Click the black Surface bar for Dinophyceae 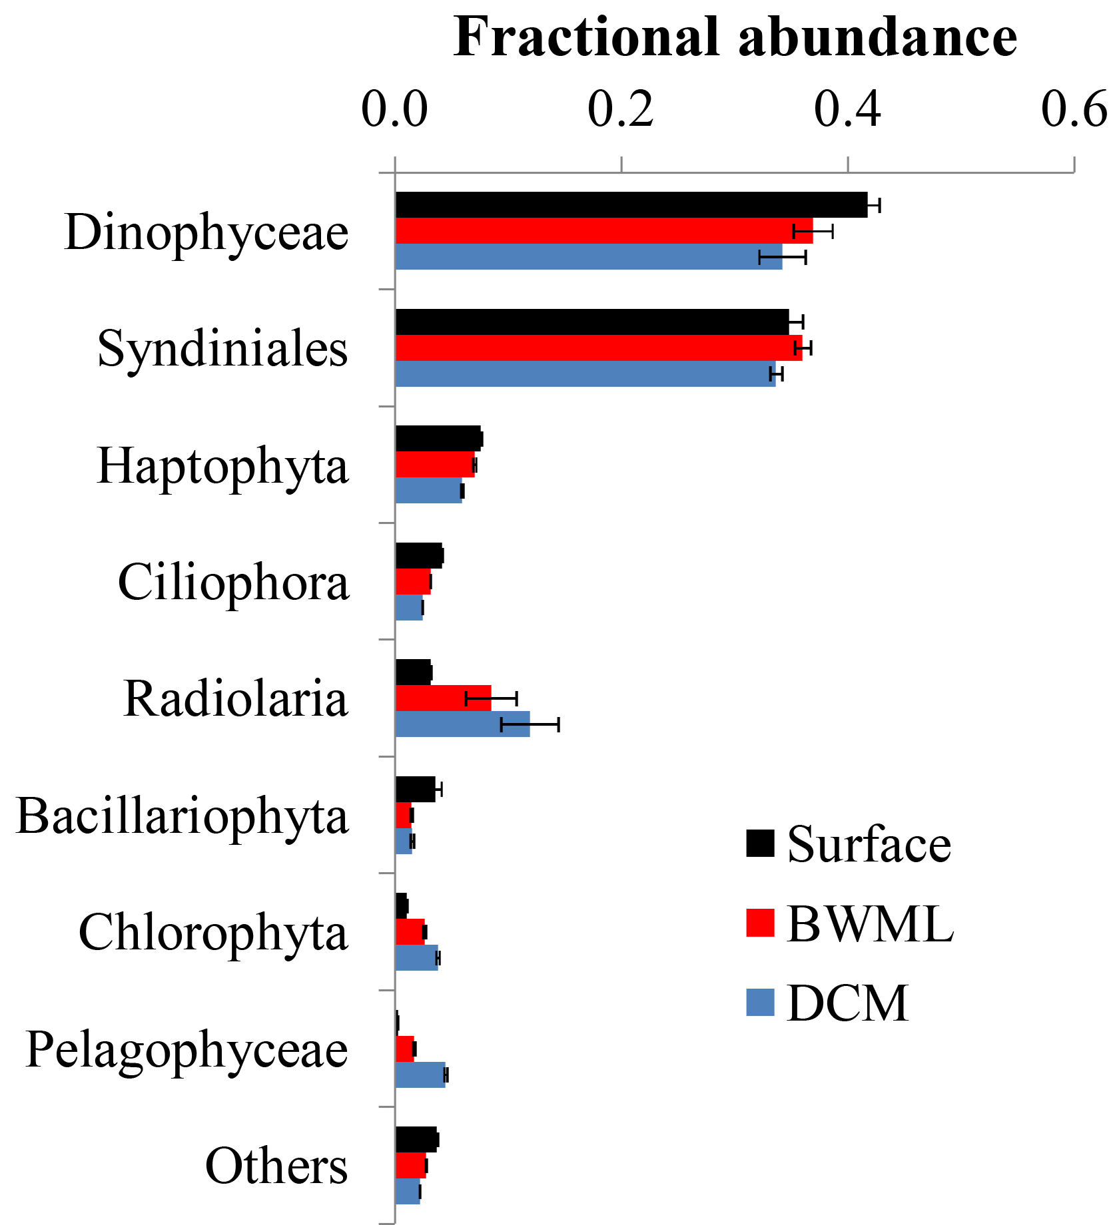[x=631, y=205]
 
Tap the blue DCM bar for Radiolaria [x=462, y=724]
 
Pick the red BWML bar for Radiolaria [x=443, y=698]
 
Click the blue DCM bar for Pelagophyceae [x=420, y=1075]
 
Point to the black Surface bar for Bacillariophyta [x=415, y=790]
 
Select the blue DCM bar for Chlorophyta [x=416, y=958]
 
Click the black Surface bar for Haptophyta [x=438, y=439]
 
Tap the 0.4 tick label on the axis [x=847, y=110]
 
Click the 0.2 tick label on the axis [x=621, y=110]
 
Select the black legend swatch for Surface [x=761, y=843]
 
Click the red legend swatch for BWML [x=761, y=923]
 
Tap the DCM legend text [x=847, y=1003]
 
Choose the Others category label [x=276, y=1166]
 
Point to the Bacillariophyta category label [x=183, y=816]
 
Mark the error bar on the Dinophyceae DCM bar [x=783, y=257]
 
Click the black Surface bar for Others [x=416, y=1140]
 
